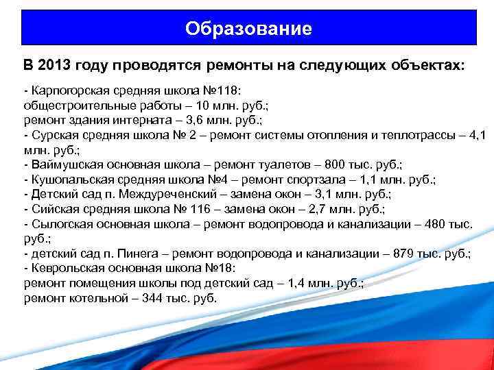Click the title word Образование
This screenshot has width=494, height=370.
tap(248, 29)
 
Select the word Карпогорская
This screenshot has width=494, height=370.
tap(66, 92)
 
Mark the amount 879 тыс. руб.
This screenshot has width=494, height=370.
tap(428, 254)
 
